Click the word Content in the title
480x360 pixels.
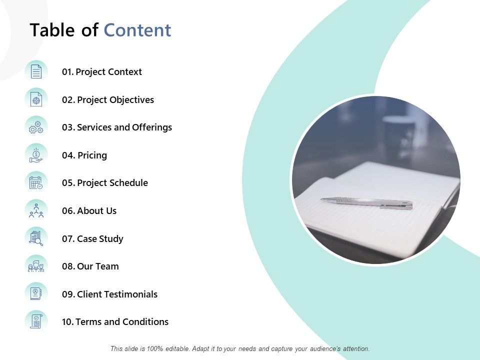click(137, 30)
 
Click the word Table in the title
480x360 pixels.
click(52, 30)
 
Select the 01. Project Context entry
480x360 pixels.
click(102, 72)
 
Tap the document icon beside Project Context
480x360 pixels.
click(36, 72)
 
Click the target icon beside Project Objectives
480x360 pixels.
click(36, 99)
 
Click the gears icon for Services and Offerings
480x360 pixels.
click(36, 127)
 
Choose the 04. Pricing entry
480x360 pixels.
click(84, 155)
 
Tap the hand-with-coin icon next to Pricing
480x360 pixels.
click(36, 155)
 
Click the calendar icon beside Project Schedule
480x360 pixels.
click(36, 183)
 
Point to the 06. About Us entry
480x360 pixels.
click(89, 211)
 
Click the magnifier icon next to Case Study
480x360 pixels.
click(36, 238)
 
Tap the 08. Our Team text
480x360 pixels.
click(90, 266)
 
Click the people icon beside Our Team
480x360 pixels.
click(36, 266)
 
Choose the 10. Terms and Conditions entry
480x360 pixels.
click(115, 322)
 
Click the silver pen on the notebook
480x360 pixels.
click(366, 202)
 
